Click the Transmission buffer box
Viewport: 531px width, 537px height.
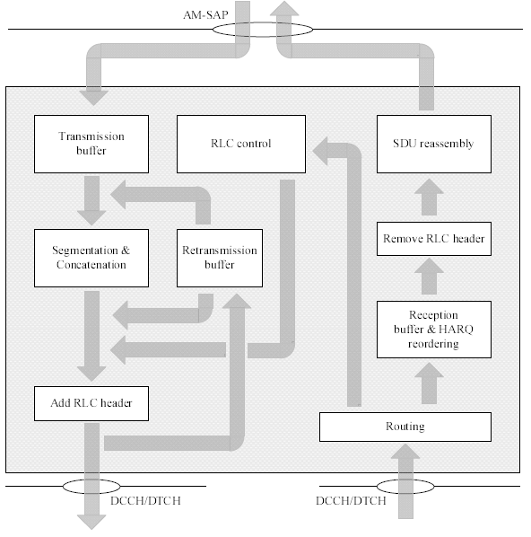91,145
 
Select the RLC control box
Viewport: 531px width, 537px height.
241,145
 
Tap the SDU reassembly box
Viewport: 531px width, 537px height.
434,145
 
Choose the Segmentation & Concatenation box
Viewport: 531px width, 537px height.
91,259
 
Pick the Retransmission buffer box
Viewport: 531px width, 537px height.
220,259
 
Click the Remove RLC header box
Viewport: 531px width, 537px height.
434,239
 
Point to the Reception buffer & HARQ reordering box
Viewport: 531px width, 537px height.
434,330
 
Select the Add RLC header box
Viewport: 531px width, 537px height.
91,403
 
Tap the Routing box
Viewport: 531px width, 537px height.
405,427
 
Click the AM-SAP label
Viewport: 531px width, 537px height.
205,15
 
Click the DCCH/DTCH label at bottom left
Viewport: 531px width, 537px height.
145,501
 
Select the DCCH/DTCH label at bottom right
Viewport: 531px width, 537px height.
351,501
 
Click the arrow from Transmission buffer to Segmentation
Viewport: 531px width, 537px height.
91,200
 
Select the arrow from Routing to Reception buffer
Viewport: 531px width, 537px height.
429,383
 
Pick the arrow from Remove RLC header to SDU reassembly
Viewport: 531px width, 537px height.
429,197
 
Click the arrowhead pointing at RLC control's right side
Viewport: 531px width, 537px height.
320,151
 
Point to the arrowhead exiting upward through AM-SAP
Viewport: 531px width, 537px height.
284,9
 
